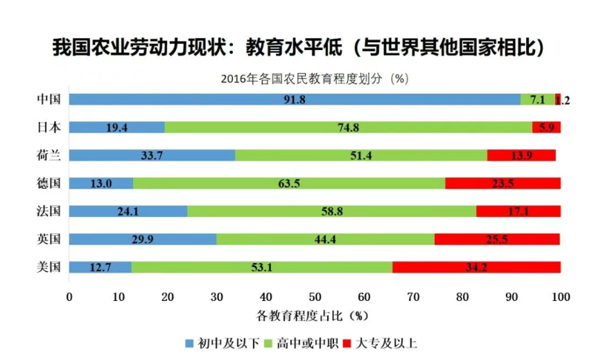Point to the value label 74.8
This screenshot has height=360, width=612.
(348, 128)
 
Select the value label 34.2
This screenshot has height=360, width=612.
(476, 267)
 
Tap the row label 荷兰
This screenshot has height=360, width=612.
(49, 155)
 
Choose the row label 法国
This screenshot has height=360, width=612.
(49, 211)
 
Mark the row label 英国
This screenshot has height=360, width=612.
(49, 239)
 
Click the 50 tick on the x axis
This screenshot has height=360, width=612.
(315, 297)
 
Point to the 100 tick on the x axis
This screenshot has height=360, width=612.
(560, 297)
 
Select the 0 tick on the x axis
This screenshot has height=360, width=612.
(69, 297)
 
